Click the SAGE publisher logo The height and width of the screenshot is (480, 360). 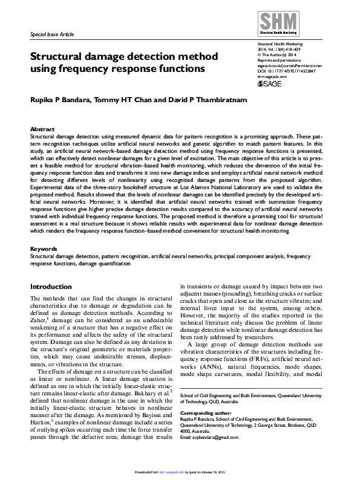click(x=270, y=83)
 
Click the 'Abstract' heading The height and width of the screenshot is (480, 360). click(x=42, y=129)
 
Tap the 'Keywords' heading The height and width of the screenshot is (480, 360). click(x=44, y=248)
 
